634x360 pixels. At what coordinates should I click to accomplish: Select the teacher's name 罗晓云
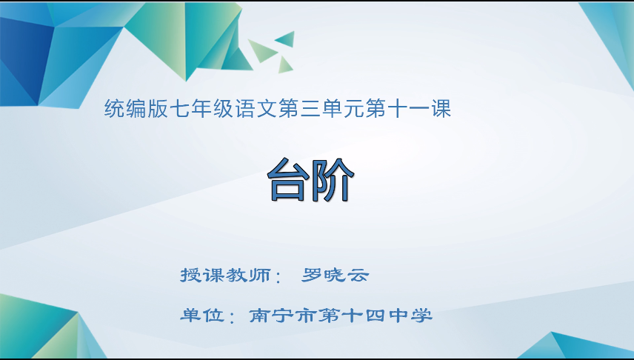point(336,276)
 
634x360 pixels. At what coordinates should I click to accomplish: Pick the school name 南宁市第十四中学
point(341,316)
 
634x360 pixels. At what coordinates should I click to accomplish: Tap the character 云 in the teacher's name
point(358,276)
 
